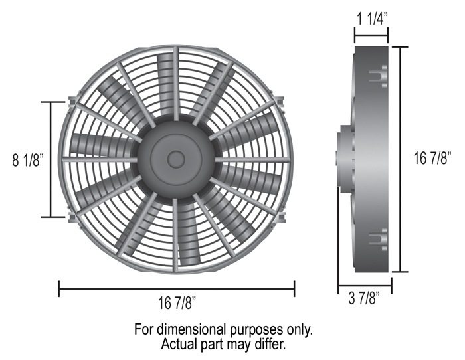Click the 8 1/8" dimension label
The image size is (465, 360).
tap(28, 160)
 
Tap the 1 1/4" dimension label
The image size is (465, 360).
tap(372, 19)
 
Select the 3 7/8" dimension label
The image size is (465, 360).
tap(364, 298)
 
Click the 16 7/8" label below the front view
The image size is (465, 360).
tap(177, 303)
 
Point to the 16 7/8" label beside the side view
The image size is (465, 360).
tap(432, 158)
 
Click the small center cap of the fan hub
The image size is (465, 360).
tap(177, 159)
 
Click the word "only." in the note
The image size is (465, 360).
tap(299, 330)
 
